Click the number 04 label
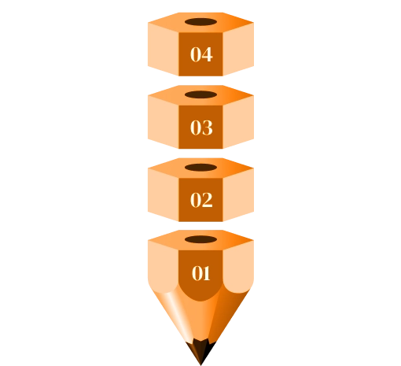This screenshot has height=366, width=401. point(201,54)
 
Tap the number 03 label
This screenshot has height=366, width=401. point(201,128)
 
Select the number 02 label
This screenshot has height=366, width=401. point(201,200)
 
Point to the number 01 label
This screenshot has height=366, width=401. point(201,273)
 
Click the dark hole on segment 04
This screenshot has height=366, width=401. point(200,22)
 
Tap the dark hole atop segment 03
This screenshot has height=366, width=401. point(200,94)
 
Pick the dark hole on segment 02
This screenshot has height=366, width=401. point(200,168)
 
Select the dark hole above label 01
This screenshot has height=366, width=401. point(200,239)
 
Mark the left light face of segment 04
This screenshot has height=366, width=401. point(164,50)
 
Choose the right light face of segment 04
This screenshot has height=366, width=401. point(238,50)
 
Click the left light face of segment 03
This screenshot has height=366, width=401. point(164,122)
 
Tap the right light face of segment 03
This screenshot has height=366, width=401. point(238,122)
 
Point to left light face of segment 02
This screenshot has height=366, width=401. point(164,195)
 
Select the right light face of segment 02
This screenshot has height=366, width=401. point(238,195)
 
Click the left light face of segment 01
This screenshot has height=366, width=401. point(164,268)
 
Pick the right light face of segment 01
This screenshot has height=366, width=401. point(238,268)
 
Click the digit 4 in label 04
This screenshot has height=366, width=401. point(207,54)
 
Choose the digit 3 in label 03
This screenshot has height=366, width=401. point(208,128)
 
